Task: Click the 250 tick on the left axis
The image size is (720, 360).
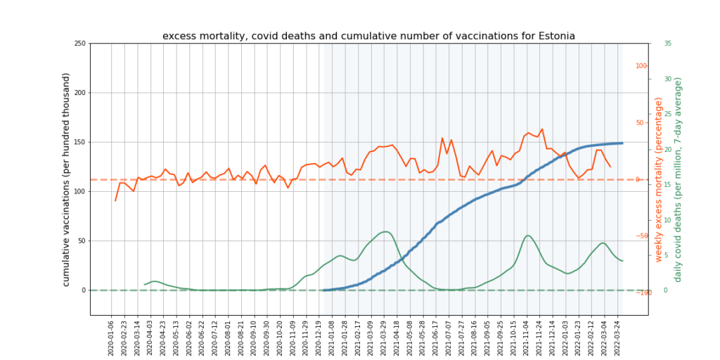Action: click(79, 44)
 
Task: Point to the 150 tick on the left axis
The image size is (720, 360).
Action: click(79, 142)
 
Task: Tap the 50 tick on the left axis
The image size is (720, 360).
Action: click(82, 240)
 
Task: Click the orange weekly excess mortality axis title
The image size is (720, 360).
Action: click(659, 180)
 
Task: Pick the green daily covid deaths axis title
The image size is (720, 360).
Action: click(678, 180)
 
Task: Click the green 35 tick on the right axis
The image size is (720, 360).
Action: click(667, 44)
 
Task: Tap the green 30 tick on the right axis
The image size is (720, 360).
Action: click(667, 79)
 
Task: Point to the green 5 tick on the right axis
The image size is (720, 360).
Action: click(666, 255)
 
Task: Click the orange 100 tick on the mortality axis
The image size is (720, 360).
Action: click(641, 66)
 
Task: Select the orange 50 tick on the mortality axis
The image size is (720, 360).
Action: click(641, 123)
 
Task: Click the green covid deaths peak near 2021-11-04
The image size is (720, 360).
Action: click(527, 236)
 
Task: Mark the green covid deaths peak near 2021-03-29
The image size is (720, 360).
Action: click(385, 231)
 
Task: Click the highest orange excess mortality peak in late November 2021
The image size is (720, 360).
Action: click(541, 129)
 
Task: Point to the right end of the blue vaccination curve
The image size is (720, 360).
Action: click(622, 143)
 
